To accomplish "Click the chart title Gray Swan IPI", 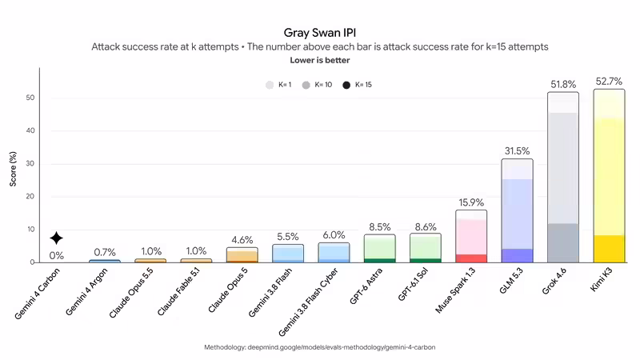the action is pyautogui.click(x=319, y=33).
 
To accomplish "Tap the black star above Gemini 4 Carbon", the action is pyautogui.click(x=56, y=238).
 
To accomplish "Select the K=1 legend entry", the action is pyautogui.click(x=278, y=85).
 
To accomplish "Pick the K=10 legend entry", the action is pyautogui.click(x=317, y=85).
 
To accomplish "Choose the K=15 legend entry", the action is pyautogui.click(x=357, y=85).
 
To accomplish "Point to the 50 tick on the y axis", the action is pyautogui.click(x=30, y=98).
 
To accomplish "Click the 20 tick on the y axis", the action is pyautogui.click(x=30, y=196).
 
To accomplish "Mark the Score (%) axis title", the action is pyautogui.click(x=13, y=169).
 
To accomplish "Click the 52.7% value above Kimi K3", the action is pyautogui.click(x=609, y=82).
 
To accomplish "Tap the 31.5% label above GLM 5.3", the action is pyautogui.click(x=517, y=151).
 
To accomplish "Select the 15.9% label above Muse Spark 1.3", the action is pyautogui.click(x=471, y=202).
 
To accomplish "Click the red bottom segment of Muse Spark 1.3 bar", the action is pyautogui.click(x=471, y=258).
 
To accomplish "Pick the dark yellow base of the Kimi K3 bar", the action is pyautogui.click(x=609, y=249).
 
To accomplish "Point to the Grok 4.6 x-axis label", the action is pyautogui.click(x=554, y=281).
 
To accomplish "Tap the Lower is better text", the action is pyautogui.click(x=319, y=61).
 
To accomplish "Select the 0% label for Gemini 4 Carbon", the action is pyautogui.click(x=56, y=256).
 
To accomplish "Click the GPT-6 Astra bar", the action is pyautogui.click(x=379, y=248).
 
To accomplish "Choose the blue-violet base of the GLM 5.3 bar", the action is pyautogui.click(x=517, y=255).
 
